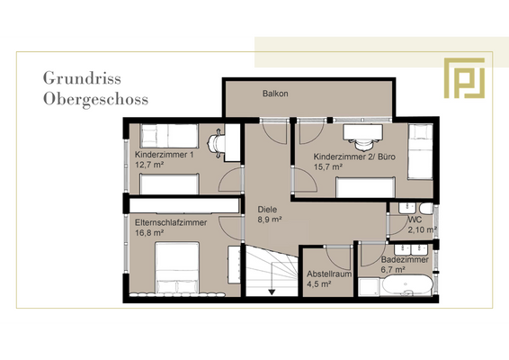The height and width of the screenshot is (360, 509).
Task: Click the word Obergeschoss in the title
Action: [x=95, y=98]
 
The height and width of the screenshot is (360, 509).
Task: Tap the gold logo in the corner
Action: [x=464, y=77]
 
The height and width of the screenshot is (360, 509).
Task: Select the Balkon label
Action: [x=275, y=94]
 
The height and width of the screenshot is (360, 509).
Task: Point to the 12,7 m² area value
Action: [x=149, y=165]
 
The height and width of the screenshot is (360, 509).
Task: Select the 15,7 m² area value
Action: [x=328, y=167]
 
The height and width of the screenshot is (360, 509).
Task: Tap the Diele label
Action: [x=267, y=208]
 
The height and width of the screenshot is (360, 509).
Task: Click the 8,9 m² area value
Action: [x=270, y=219]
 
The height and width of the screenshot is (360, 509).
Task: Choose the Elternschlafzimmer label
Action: [x=171, y=222]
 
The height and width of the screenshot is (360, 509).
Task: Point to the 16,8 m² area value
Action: [x=149, y=233]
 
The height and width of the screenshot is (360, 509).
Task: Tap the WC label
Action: [x=415, y=219]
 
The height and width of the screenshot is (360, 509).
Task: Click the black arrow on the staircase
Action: [x=271, y=289]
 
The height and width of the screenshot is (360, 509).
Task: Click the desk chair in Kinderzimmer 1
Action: [x=216, y=142]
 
